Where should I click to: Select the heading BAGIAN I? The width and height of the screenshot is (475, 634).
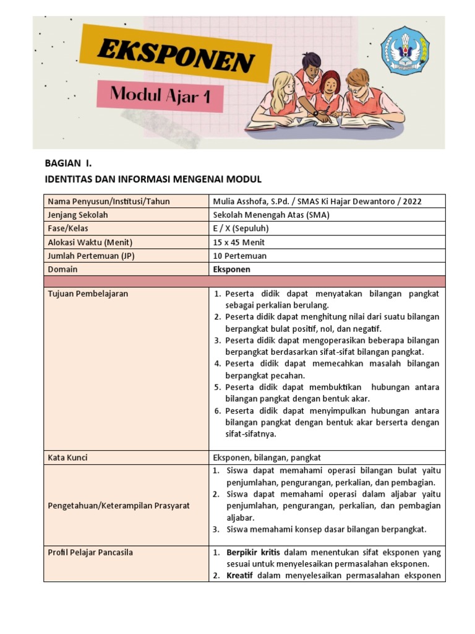click(x=68, y=163)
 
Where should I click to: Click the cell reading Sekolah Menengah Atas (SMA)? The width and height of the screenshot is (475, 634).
click(x=271, y=215)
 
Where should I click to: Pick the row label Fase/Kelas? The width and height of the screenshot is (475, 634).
click(x=69, y=228)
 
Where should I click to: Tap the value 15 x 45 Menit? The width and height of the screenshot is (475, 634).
click(x=239, y=242)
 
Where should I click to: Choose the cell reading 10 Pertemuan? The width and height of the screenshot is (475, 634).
click(x=241, y=256)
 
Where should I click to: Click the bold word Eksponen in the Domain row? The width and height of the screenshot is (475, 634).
click(x=232, y=269)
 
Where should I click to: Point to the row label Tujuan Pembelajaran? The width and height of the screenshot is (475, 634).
click(x=88, y=293)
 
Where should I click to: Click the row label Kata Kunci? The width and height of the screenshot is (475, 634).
click(x=67, y=458)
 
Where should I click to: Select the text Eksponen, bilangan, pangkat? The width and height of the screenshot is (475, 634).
click(x=267, y=458)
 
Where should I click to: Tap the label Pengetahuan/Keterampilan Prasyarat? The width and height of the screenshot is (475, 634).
click(x=118, y=506)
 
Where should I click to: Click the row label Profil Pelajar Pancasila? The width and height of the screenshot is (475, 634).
click(x=90, y=552)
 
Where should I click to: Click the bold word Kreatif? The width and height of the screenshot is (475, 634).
click(x=240, y=576)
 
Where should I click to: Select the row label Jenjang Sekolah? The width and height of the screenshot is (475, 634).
click(x=78, y=215)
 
